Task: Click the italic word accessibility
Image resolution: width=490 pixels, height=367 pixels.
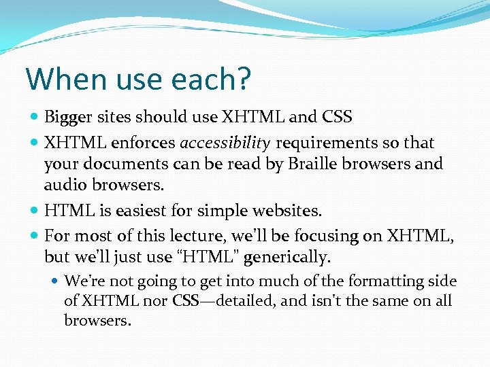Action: [225, 143]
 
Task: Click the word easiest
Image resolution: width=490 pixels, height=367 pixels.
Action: [148, 211]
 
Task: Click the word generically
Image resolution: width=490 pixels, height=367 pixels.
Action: [285, 258]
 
